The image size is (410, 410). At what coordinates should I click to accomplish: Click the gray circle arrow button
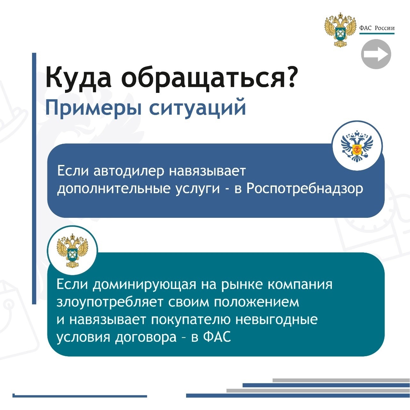[376, 54]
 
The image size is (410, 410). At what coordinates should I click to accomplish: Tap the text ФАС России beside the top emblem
[377, 28]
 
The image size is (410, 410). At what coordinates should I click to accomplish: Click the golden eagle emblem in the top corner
[340, 29]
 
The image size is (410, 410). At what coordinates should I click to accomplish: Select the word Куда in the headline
[78, 77]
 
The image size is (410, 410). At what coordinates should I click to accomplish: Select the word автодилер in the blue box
[129, 171]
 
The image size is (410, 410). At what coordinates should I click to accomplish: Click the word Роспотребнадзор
[305, 189]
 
